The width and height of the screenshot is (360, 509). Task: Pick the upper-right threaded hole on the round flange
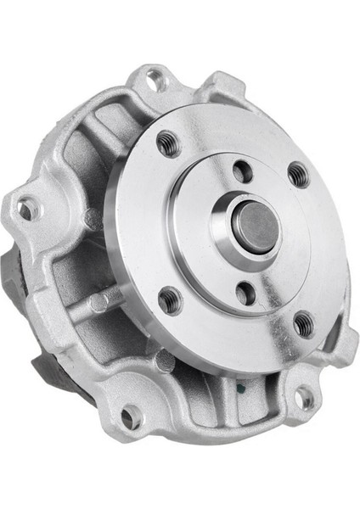point(298,174)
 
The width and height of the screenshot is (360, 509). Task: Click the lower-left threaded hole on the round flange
point(170,299)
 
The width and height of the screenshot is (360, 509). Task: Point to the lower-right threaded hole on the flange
point(303,322)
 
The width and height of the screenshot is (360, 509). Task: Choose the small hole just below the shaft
point(246,294)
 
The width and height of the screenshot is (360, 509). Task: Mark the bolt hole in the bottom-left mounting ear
point(131,417)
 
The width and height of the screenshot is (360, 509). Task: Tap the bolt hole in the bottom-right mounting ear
point(302,397)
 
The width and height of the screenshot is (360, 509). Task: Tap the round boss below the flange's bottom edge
point(166,360)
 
